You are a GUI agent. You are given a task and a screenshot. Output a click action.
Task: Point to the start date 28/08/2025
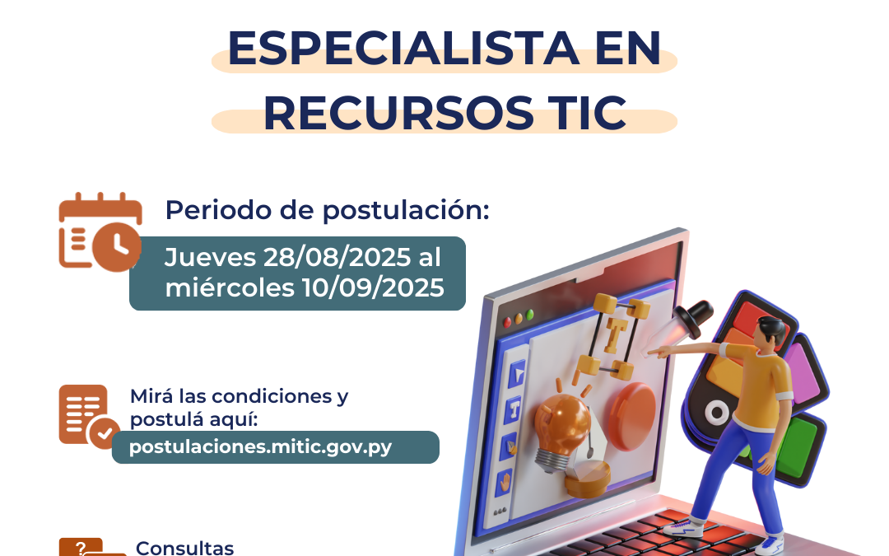click(337, 258)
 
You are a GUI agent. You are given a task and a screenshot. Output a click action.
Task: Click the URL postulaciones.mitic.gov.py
click(261, 447)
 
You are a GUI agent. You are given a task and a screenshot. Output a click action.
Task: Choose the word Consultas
click(184, 548)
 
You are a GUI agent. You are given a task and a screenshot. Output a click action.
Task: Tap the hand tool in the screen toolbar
click(504, 481)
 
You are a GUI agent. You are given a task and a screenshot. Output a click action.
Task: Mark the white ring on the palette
click(717, 413)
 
